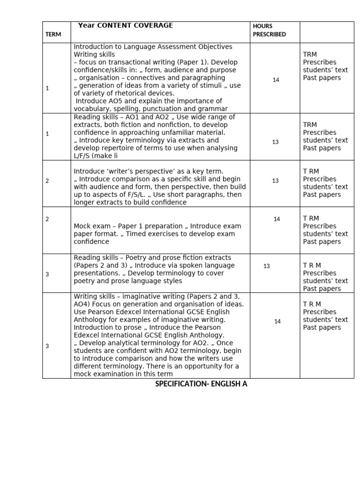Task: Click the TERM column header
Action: pos(53,35)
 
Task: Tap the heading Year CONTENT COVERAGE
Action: pos(125,25)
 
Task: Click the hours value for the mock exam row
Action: pos(277,219)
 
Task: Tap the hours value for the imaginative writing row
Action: pos(277,321)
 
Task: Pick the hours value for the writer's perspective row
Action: pos(275,180)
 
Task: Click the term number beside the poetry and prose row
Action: pos(47,274)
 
